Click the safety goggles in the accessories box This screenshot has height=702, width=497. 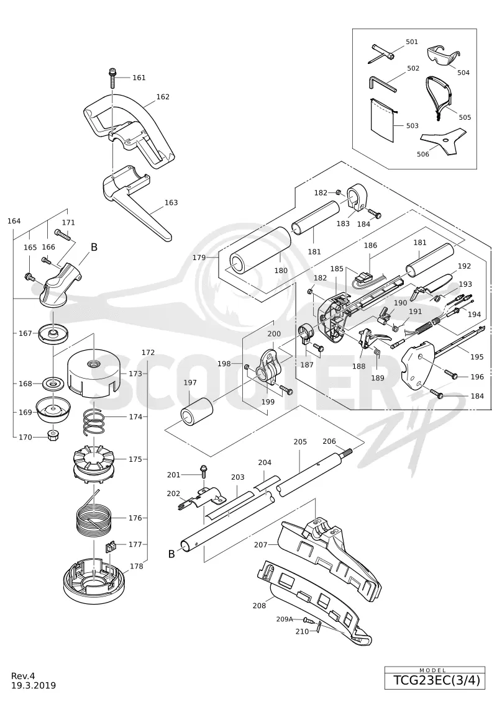pos(443,56)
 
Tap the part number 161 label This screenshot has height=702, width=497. pos(139,78)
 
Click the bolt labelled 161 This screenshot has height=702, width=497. pos(112,78)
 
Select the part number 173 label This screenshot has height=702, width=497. pos(135,374)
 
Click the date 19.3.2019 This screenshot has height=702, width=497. pos(34,685)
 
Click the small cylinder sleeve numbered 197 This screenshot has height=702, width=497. pos(196,410)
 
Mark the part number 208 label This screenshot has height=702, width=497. pos(259,606)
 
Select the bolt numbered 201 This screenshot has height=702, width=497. pos(204,473)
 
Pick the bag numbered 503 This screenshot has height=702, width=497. pos(382,120)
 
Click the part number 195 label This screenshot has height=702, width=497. pos(477,357)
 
